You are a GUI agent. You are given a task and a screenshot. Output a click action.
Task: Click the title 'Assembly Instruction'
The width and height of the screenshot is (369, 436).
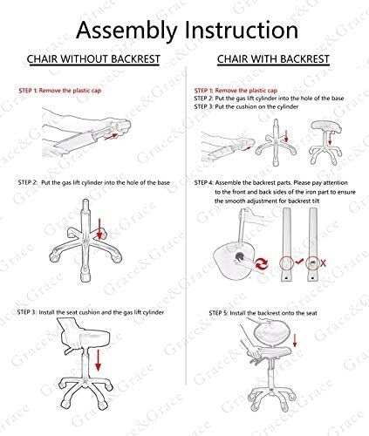pos(187,31)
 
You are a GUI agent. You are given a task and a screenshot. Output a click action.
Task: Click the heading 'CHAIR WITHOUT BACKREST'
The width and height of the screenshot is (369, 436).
pos(93,59)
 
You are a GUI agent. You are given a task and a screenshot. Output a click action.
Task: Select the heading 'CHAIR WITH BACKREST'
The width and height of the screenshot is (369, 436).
pos(273,59)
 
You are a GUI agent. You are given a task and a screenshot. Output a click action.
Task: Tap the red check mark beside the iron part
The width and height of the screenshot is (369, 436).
pos(299,262)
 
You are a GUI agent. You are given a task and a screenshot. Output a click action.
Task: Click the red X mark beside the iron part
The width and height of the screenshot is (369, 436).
pos(323,263)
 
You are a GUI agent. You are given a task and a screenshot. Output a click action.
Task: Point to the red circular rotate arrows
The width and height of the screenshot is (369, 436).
pos(262,263)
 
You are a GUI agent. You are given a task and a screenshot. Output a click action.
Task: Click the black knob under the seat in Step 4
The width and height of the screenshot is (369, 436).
pos(240,256)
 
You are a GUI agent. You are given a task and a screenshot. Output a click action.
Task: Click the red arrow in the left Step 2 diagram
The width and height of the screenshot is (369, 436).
pos(99,229)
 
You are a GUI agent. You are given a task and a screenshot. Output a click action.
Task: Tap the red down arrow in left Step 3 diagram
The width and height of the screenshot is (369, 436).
pos(99,360)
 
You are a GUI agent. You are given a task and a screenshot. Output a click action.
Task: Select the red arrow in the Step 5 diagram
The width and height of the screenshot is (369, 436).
pos(295,340)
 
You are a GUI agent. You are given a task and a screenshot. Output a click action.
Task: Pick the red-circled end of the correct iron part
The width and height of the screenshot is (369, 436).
pos(287,263)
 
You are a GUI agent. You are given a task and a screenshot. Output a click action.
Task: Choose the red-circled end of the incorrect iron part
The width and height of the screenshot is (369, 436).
pos(312,263)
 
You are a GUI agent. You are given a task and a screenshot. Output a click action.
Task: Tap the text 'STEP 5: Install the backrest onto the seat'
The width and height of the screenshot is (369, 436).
pos(263,313)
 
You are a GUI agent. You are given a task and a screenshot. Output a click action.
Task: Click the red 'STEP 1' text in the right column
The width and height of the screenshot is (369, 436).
pos(203,91)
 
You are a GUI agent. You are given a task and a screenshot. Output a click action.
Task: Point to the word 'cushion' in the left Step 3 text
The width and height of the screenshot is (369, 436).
pos(90,312)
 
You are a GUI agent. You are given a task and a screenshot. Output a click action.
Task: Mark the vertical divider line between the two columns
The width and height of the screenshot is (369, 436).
pos(186,225)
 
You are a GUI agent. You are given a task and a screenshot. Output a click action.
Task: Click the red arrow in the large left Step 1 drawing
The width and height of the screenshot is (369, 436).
pos(111,137)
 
